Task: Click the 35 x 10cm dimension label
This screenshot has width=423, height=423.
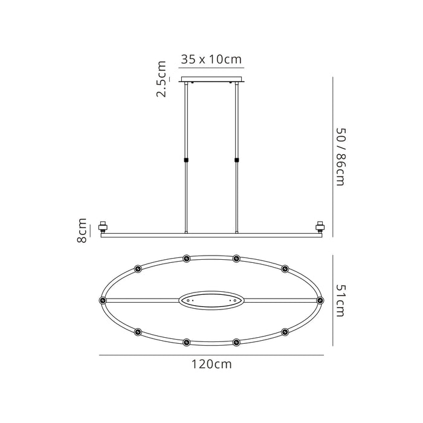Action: point(211,60)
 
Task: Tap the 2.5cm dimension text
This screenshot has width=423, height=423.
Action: point(162,79)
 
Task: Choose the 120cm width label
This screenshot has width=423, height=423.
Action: point(211,364)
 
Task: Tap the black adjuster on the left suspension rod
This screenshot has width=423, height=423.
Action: point(186,160)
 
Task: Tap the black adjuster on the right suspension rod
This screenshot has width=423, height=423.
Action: point(236,160)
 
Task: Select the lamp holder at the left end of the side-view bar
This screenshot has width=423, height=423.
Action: point(103,227)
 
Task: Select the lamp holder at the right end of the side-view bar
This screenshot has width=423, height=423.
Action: point(320,227)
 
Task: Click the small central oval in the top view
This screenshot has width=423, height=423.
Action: point(211,300)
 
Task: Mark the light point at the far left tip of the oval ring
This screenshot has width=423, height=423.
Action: point(102,300)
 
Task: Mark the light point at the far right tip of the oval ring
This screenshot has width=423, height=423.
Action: point(320,300)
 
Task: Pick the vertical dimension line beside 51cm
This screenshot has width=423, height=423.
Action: point(333,300)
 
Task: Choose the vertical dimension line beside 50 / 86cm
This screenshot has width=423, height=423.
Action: point(333,157)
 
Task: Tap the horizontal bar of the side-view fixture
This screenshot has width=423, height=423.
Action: point(211,234)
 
